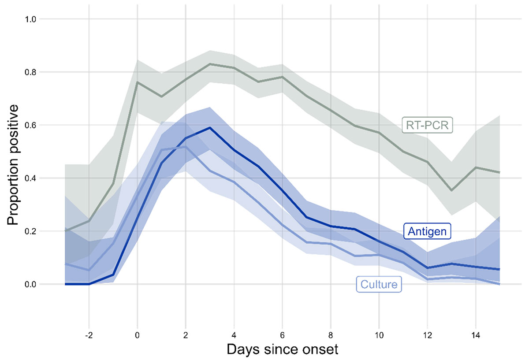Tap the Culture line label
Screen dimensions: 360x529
coord(379,284)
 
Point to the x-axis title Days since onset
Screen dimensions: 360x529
coord(283,349)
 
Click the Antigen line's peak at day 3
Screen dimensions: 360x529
coord(210,128)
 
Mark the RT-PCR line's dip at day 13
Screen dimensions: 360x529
coord(451,190)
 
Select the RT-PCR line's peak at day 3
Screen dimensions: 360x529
coord(210,64)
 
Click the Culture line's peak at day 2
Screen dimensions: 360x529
coord(186,147)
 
